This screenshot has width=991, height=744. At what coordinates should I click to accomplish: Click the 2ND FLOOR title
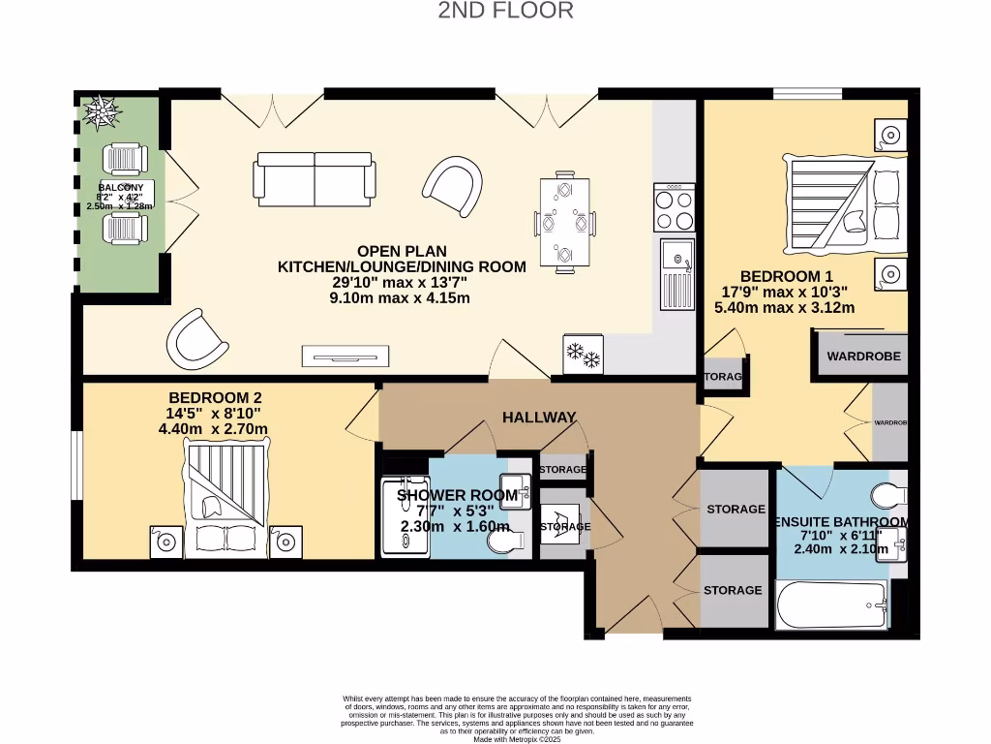[505, 12]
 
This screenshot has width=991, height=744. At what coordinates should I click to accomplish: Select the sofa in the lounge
[314, 177]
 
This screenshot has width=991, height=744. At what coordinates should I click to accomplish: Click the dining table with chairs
[563, 221]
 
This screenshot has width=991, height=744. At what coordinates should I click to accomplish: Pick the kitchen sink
[678, 272]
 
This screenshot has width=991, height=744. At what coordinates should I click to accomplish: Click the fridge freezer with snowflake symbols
[583, 355]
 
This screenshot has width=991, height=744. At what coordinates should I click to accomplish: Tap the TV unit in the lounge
[345, 356]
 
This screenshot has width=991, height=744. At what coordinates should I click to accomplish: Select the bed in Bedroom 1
[847, 204]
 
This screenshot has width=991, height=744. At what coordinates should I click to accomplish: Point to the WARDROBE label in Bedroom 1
[863, 356]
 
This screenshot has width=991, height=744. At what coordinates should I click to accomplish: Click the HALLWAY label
[539, 418]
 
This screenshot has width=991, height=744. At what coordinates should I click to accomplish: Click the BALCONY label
[120, 187]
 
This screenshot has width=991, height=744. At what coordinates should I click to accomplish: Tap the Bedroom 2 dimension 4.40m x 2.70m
[215, 429]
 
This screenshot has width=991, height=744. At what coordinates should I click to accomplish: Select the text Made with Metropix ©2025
[518, 738]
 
